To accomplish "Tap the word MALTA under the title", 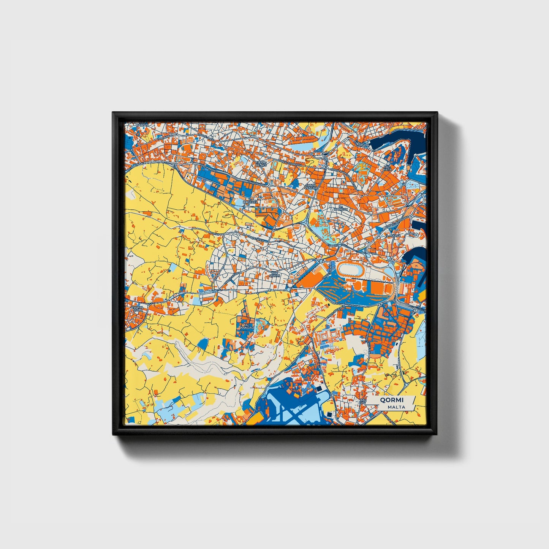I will pyautogui.click(x=396, y=407).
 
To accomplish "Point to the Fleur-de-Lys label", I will pyautogui.click(x=261, y=164).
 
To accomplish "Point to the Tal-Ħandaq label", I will pyautogui.click(x=245, y=326).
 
